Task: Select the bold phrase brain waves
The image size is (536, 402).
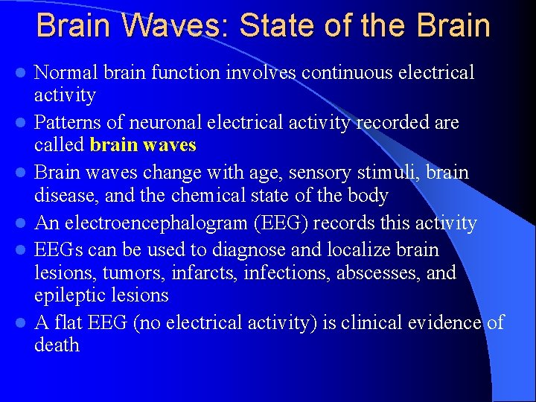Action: [143, 144]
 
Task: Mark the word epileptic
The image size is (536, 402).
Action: [69, 296]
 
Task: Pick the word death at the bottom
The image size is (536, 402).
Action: [57, 345]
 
